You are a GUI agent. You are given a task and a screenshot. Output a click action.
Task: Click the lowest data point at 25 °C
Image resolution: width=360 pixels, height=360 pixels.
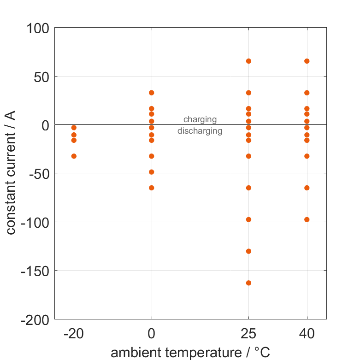tap(248, 283)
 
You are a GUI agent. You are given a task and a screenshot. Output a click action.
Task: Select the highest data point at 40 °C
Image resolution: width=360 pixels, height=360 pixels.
tap(307, 61)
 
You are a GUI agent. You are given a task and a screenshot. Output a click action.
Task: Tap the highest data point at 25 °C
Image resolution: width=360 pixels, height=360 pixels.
tap(248, 61)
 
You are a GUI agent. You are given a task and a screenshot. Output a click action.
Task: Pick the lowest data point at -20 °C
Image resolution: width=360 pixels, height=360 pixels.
tap(74, 156)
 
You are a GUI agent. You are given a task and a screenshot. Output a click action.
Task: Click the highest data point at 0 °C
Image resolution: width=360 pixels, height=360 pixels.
tap(151, 93)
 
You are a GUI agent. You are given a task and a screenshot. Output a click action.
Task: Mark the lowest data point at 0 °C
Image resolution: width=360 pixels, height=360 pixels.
tap(151, 188)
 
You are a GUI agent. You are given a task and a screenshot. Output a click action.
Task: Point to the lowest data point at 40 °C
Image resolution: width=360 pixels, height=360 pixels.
tap(307, 219)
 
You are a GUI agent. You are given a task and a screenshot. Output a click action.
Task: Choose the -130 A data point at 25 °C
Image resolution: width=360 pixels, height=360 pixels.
tap(248, 251)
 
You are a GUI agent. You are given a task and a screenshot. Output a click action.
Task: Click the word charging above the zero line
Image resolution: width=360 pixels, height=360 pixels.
tap(200, 120)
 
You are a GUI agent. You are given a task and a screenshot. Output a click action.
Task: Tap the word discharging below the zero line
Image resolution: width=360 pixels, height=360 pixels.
tap(200, 131)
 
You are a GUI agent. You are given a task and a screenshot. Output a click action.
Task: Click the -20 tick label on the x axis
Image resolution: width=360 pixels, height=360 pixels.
tap(74, 334)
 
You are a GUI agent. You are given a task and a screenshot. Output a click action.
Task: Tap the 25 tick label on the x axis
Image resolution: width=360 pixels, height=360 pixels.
tap(248, 334)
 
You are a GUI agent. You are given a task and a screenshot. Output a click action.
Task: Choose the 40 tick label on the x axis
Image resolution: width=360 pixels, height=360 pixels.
tap(307, 334)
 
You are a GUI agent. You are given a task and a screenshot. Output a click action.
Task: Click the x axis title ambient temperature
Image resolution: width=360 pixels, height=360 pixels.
tap(190, 353)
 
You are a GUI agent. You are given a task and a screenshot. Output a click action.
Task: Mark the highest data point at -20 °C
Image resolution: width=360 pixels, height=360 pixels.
tap(74, 128)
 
